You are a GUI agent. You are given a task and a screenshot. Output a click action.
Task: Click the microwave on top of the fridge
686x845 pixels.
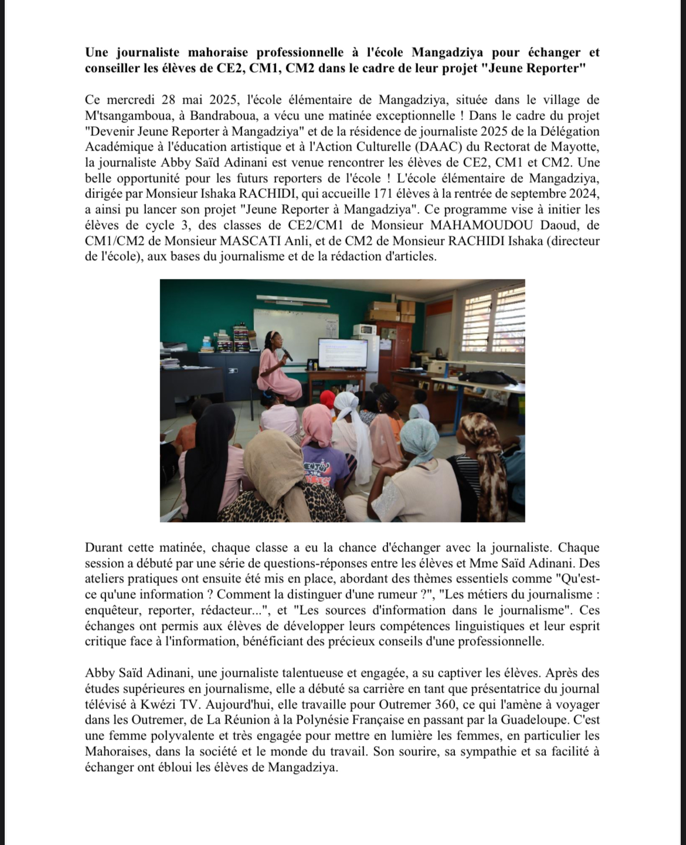click(365, 329)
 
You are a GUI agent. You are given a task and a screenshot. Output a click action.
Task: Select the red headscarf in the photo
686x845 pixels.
click(327, 399)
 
